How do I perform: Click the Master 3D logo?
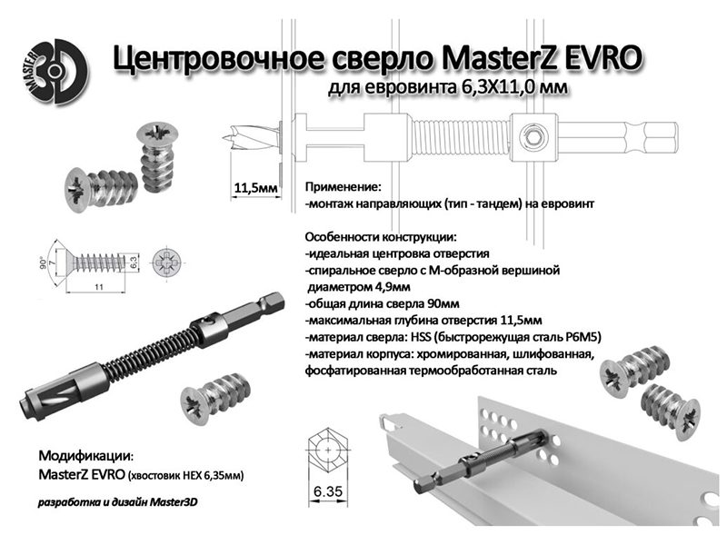55,72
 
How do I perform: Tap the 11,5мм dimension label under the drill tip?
256,188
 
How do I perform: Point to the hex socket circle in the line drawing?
533,137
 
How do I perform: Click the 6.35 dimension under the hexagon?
328,490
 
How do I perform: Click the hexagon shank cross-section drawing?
328,450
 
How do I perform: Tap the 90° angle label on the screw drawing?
44,263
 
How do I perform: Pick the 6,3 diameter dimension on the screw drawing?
133,263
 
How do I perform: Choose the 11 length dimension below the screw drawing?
99,287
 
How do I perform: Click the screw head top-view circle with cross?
167,263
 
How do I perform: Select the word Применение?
343,187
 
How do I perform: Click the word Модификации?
85,456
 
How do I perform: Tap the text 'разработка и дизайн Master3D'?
118,502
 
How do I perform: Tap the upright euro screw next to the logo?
156,157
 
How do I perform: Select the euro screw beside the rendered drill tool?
216,399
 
